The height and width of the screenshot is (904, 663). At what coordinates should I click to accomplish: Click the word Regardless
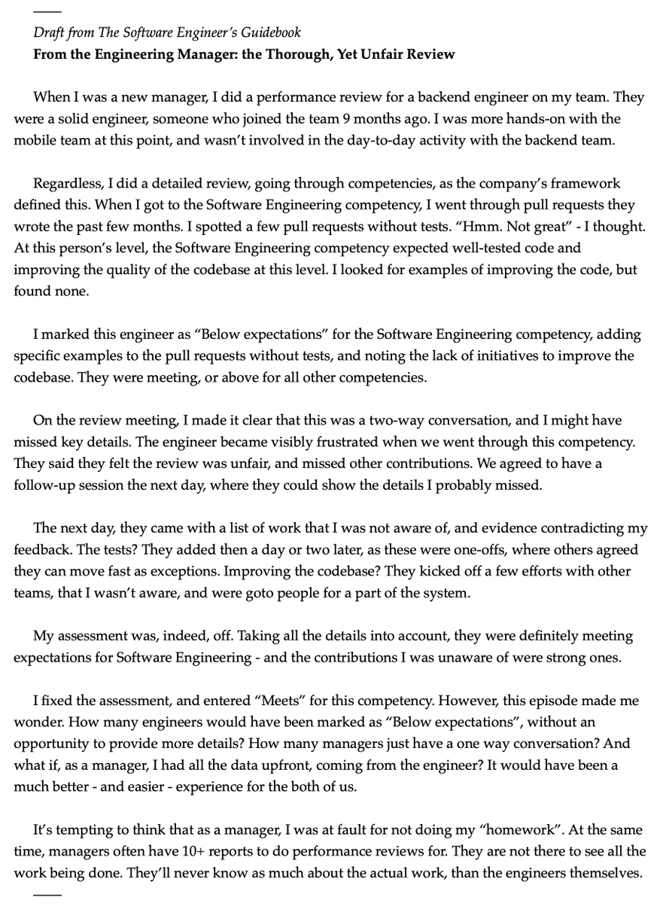pos(63,184)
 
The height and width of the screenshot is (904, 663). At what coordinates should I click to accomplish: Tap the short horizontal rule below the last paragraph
pos(46,894)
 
